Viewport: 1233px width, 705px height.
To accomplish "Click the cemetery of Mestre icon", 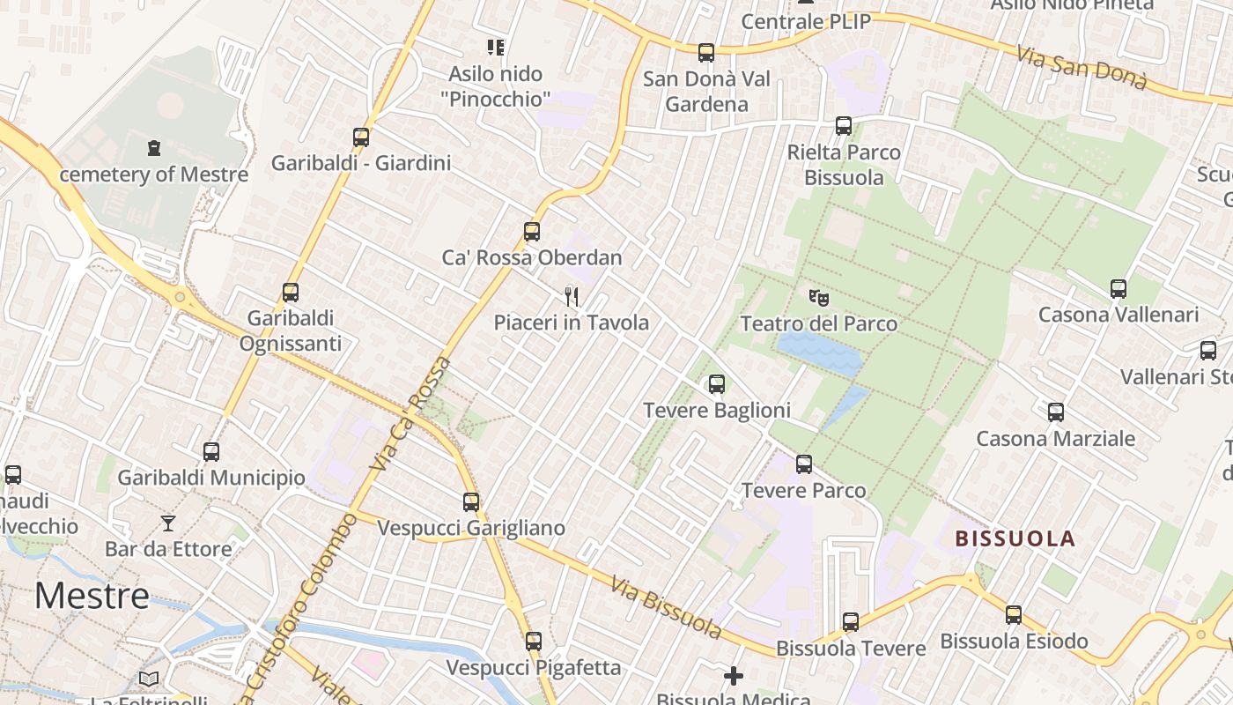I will tap(155, 147).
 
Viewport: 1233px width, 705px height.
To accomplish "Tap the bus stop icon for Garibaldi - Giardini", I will tap(361, 137).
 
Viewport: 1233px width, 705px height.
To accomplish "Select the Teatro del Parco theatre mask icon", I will tap(818, 298).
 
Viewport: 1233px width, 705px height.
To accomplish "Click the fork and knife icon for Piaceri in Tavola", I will tap(572, 297).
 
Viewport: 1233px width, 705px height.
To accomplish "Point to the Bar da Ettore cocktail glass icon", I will tap(168, 523).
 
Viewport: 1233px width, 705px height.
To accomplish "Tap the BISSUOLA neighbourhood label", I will tap(1015, 538).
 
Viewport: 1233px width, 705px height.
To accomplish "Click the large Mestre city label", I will tap(92, 597).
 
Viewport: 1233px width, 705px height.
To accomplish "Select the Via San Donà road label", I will tap(1082, 67).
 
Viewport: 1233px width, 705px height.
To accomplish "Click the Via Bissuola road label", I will tap(666, 608).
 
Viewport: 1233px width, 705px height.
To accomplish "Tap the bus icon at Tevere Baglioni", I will tap(717, 384).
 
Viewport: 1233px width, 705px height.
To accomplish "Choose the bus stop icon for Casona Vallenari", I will tap(1119, 289).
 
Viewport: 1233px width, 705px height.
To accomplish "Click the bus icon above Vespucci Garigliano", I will tap(471, 502).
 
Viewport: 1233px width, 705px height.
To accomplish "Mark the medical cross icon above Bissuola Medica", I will tap(734, 676).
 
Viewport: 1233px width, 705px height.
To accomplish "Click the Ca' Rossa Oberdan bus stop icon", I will tap(532, 232).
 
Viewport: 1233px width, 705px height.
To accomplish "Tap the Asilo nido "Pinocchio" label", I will tap(496, 86).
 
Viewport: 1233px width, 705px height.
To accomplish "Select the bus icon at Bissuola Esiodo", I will tap(1014, 615).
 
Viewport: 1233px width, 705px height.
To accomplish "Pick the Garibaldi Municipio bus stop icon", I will tap(211, 452).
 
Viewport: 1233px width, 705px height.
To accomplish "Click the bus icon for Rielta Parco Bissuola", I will tap(844, 126).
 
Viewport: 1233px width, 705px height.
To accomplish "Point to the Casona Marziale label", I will tap(1055, 438).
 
